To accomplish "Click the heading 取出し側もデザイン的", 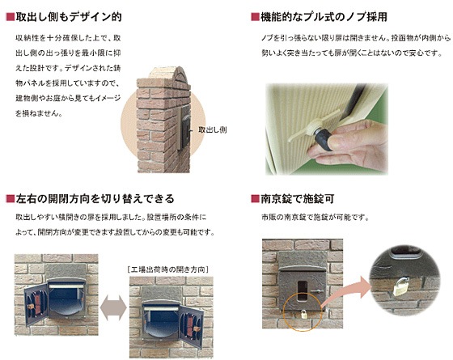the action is point(69,17).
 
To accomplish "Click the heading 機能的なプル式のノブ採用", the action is point(324,17).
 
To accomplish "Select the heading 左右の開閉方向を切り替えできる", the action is point(95,199).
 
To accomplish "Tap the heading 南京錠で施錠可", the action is point(298,199).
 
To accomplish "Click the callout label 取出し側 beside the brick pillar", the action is point(212,129).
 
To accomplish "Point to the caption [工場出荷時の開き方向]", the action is point(168,269).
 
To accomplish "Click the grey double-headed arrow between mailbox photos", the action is point(113,308).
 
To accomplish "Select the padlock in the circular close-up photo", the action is point(400,286).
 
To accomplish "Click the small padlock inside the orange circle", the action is point(303,314).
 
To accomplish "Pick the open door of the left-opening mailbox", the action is point(36,304).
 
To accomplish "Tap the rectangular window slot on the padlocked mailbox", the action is point(303,290).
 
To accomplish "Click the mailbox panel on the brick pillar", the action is point(185,127).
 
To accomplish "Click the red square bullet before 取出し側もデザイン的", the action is point(10,17).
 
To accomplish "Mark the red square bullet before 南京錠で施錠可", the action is point(255,199).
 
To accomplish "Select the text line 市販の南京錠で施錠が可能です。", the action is point(315,218).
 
